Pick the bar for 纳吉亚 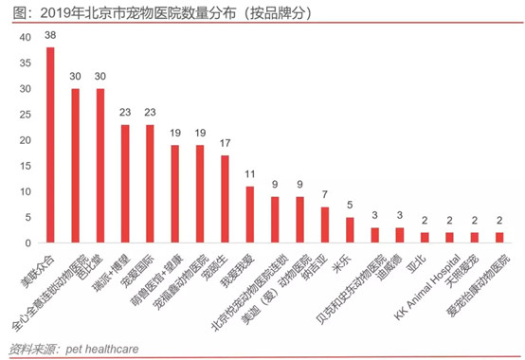point(325,225)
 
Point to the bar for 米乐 point(350,229)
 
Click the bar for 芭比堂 point(100,166)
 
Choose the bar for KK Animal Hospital point(450,237)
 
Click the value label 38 point(50,35)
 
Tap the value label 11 point(250,174)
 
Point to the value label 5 point(350,206)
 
